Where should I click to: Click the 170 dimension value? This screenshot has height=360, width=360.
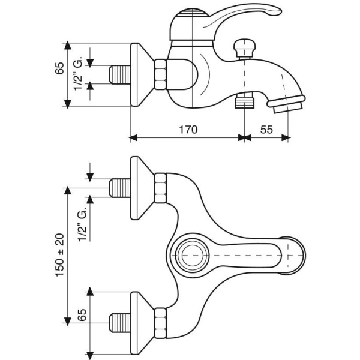point(188,129)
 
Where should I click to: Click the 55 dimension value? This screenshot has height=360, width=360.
point(267,129)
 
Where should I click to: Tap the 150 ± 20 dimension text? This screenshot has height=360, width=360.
point(59,254)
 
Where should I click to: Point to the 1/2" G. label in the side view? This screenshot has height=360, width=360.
point(78,74)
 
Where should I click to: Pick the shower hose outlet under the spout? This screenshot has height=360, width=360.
point(244,100)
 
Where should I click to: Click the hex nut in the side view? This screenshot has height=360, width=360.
point(160,75)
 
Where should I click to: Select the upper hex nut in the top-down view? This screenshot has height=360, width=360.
point(160,188)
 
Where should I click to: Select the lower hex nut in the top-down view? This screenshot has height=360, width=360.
point(160,322)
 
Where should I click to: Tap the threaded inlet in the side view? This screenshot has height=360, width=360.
point(122,76)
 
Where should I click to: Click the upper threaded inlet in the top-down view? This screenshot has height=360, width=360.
point(122,188)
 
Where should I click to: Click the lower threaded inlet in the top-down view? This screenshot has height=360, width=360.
point(122,322)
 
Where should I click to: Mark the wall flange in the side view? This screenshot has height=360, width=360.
point(141,75)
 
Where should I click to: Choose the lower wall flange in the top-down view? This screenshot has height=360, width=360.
point(141,322)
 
